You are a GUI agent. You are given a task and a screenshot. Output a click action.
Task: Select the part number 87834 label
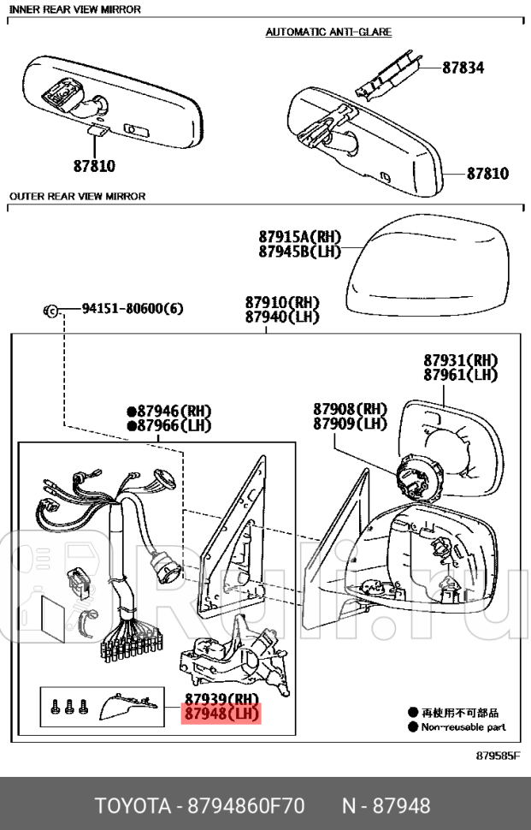[463, 66]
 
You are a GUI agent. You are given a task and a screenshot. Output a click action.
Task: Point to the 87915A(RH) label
[299, 236]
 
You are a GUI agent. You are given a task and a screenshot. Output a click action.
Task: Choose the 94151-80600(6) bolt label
[133, 308]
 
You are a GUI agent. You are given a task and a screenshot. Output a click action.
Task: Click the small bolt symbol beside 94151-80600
[51, 309]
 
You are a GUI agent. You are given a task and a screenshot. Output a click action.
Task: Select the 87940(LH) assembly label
[281, 317]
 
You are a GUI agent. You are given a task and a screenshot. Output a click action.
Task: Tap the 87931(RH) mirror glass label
[460, 360]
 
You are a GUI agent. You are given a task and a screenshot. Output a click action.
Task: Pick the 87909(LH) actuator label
[349, 424]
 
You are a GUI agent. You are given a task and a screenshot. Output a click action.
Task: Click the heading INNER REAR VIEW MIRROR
[74, 9]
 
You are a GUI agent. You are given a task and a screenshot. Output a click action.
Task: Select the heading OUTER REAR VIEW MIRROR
[77, 196]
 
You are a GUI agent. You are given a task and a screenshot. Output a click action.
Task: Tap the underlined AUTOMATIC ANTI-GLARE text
[328, 32]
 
